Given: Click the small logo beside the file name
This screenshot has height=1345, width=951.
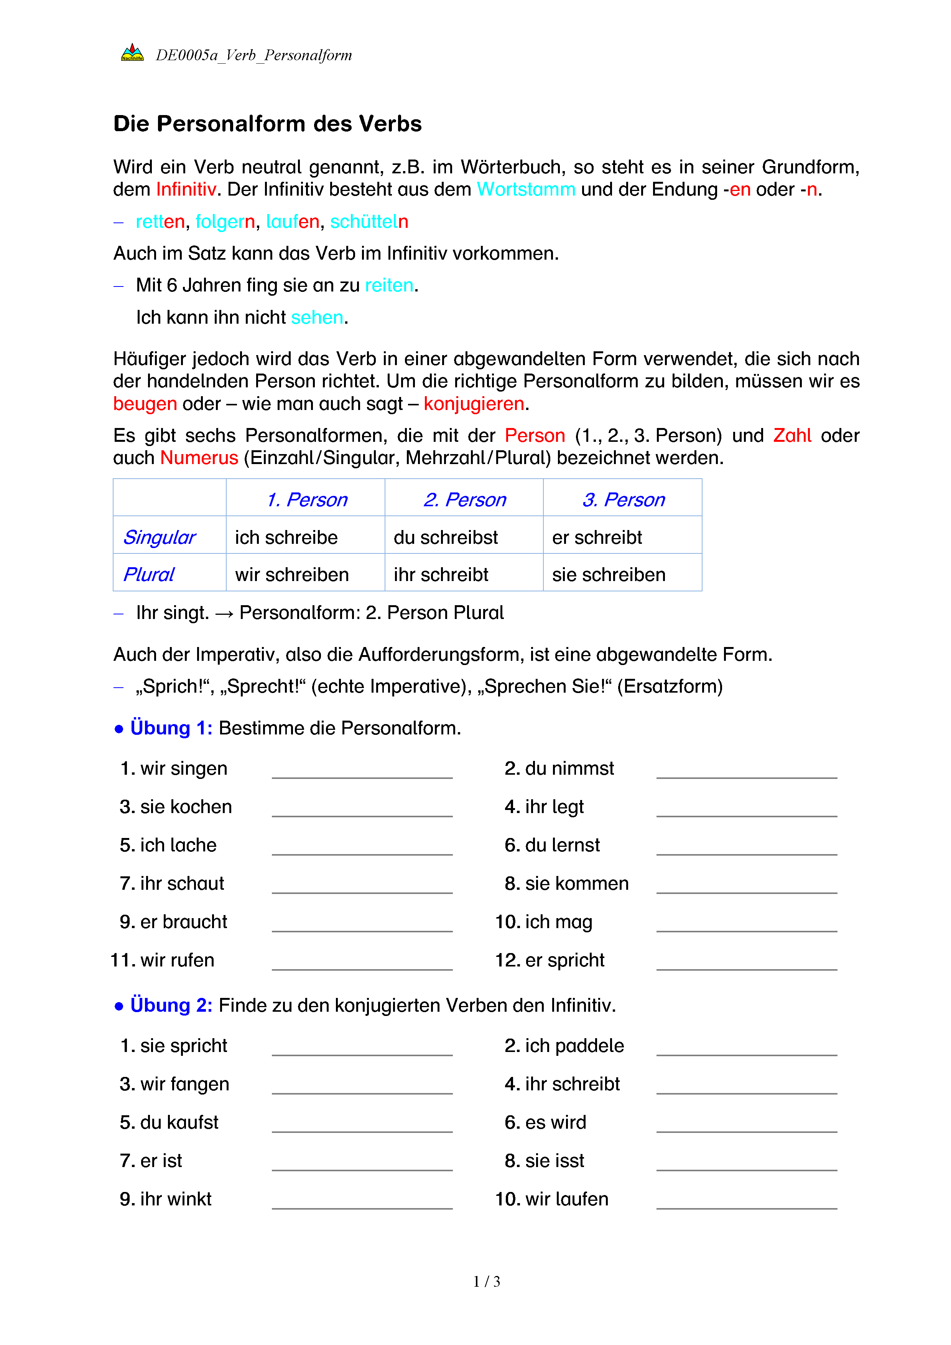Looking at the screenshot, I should coord(132,53).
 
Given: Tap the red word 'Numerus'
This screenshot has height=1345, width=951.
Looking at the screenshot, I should coord(199,458).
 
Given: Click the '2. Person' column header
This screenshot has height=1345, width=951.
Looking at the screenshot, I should coord(464,500).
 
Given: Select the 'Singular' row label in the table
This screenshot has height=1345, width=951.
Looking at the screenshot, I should coord(159,537).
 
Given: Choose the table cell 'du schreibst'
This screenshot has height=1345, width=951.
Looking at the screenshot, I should coord(446,537).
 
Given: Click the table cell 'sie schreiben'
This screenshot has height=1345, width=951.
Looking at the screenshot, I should coord(609,575).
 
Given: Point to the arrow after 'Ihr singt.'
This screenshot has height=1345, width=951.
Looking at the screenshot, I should coord(224,613).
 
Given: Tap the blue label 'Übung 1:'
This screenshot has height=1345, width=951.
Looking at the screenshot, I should coord(171,728).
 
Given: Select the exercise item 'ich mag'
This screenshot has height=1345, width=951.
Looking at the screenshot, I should coord(558,922).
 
